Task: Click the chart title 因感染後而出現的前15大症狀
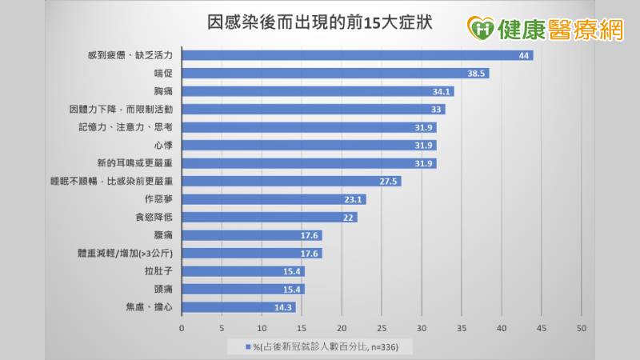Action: (320, 22)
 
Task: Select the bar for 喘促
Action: (335, 74)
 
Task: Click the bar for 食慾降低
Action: (269, 218)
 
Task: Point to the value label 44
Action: (525, 55)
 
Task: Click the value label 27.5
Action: (390, 182)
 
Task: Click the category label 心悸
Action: (163, 146)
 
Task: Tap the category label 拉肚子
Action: (158, 271)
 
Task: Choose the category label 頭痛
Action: (163, 290)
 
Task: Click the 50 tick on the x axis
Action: (582, 328)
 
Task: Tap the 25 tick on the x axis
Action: (382, 328)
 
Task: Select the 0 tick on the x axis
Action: (182, 328)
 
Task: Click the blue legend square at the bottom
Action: (249, 346)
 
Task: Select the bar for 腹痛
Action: (251, 235)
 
